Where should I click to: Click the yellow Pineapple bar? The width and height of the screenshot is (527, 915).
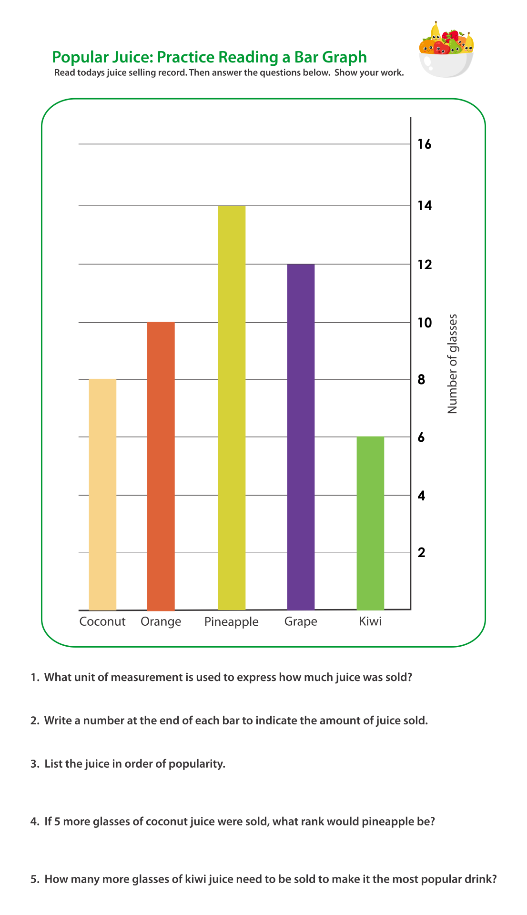(232, 407)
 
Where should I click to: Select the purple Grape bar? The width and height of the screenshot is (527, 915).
(301, 437)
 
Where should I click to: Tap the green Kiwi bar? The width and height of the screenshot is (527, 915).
(370, 523)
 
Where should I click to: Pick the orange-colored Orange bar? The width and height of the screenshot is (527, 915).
(161, 466)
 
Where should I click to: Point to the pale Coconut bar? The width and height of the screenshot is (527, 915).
(102, 494)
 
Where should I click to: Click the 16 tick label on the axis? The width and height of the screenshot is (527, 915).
(424, 144)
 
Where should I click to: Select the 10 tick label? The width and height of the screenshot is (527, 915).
(424, 323)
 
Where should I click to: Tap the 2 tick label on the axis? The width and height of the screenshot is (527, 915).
(421, 552)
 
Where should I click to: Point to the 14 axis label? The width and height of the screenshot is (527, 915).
(424, 205)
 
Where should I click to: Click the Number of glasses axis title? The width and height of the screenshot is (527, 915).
(452, 364)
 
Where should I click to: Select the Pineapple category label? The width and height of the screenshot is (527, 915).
(231, 622)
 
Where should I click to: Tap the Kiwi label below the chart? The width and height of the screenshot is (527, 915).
(370, 621)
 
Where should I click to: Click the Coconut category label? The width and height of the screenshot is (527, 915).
(102, 621)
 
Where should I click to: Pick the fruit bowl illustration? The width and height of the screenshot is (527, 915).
(446, 50)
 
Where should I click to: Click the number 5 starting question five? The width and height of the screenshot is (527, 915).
(33, 879)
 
